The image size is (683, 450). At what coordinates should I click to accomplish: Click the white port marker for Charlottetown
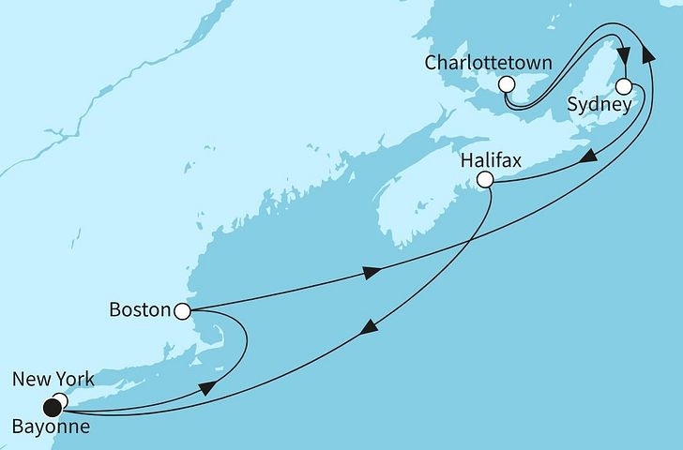pyautogui.click(x=507, y=84)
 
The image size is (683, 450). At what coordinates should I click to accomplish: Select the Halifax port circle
pyautogui.click(x=484, y=179)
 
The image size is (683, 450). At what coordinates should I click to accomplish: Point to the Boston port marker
pyautogui.click(x=183, y=309)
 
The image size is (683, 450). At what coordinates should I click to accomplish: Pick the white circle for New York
pyautogui.click(x=60, y=401)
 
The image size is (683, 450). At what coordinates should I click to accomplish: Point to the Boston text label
pyautogui.click(x=139, y=308)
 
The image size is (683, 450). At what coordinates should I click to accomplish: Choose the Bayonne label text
pyautogui.click(x=53, y=429)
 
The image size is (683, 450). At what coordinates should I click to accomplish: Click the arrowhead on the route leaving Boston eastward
pyautogui.click(x=372, y=273)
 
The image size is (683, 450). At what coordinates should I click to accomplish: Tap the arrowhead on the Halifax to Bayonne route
pyautogui.click(x=371, y=326)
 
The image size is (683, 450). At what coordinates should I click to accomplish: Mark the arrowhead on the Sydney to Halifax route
pyautogui.click(x=585, y=158)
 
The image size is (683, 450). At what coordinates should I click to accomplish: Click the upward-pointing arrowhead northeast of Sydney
pyautogui.click(x=648, y=56)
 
